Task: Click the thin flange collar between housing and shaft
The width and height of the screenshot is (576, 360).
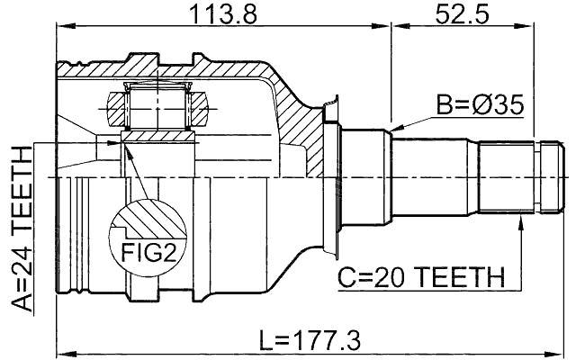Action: pyautogui.click(x=331, y=179)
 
